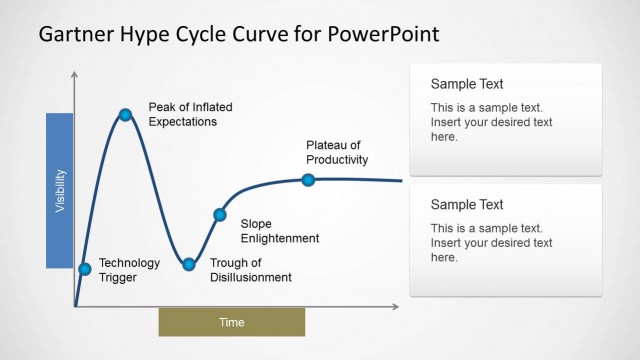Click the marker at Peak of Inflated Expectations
click(126, 115)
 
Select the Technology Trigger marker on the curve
click(84, 268)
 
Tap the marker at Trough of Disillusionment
click(188, 264)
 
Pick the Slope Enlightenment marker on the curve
click(220, 214)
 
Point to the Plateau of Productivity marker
click(308, 180)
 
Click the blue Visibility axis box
click(60, 190)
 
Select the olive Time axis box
click(231, 322)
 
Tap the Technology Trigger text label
click(129, 270)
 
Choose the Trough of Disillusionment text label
click(251, 270)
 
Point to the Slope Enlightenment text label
click(280, 231)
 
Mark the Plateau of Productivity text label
click(337, 152)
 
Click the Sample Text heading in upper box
click(467, 84)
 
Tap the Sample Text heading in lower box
click(467, 204)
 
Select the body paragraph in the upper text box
click(491, 122)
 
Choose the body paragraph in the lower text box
click(491, 242)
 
